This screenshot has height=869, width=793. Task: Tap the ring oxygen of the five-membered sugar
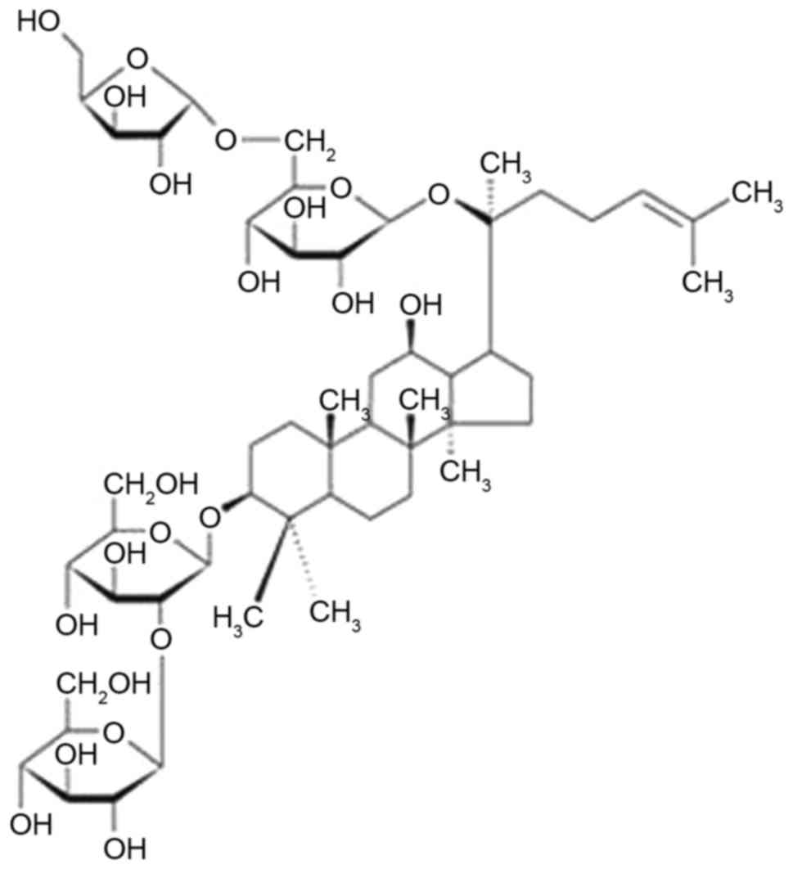138,59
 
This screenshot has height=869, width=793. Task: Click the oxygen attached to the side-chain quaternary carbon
440,196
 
